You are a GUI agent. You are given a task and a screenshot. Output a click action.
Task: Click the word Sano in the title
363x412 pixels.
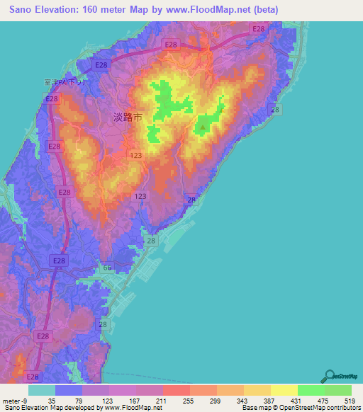[23, 10]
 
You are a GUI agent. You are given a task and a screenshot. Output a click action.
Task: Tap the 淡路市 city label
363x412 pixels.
[128, 118]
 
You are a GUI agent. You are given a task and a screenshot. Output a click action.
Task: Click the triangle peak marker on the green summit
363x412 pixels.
[203, 128]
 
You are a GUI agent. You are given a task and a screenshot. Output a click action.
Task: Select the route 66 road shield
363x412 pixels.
[108, 268]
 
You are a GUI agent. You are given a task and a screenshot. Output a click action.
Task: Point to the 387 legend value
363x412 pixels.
[264, 401]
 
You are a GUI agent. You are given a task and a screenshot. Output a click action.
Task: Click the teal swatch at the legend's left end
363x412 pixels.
[41, 390]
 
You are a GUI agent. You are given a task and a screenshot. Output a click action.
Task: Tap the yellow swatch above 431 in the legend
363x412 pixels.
[284, 390]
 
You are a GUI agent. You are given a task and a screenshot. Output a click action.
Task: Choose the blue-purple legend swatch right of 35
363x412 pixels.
[68, 390]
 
